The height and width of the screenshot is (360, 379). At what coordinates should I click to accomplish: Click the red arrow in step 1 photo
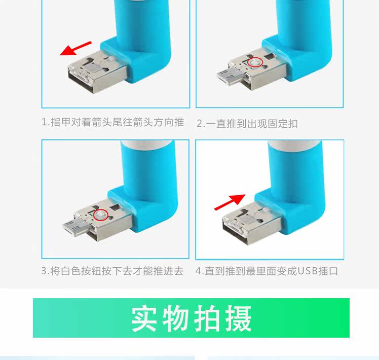click(x=75, y=48)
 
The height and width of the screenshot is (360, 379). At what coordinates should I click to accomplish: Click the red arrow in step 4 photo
click(x=229, y=202)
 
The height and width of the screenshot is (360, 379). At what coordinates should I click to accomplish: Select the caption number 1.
click(x=44, y=123)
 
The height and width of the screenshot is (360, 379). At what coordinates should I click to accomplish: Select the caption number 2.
click(x=199, y=123)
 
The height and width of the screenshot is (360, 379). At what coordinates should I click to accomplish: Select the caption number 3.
click(x=44, y=271)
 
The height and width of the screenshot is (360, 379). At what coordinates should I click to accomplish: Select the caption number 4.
click(x=199, y=271)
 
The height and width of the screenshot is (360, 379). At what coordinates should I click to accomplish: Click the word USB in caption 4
click(x=307, y=271)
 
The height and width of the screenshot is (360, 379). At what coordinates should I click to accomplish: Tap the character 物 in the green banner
click(x=176, y=318)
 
